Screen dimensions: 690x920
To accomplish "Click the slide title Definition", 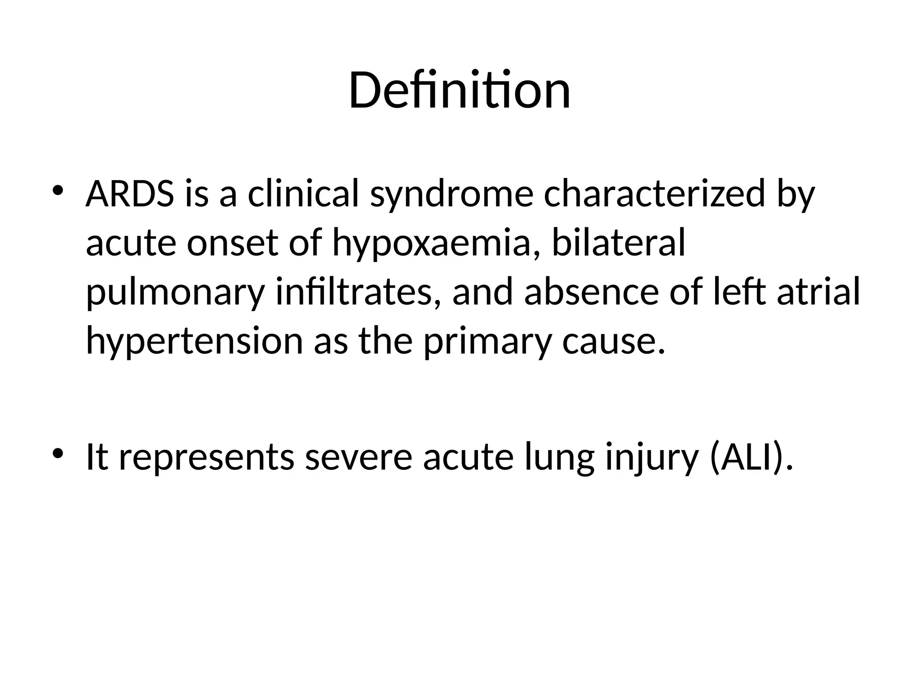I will (x=460, y=91).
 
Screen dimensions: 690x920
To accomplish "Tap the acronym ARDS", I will (x=130, y=195).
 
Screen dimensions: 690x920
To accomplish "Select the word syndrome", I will (x=451, y=195).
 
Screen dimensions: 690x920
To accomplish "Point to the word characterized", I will (x=654, y=195).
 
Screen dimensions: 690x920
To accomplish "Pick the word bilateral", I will (x=619, y=243).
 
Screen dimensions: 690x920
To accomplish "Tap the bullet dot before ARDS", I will (x=57, y=191).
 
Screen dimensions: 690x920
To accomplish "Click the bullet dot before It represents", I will (x=57, y=453).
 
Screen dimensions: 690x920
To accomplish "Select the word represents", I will (x=207, y=457).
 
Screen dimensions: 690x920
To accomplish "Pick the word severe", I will (x=358, y=457).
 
